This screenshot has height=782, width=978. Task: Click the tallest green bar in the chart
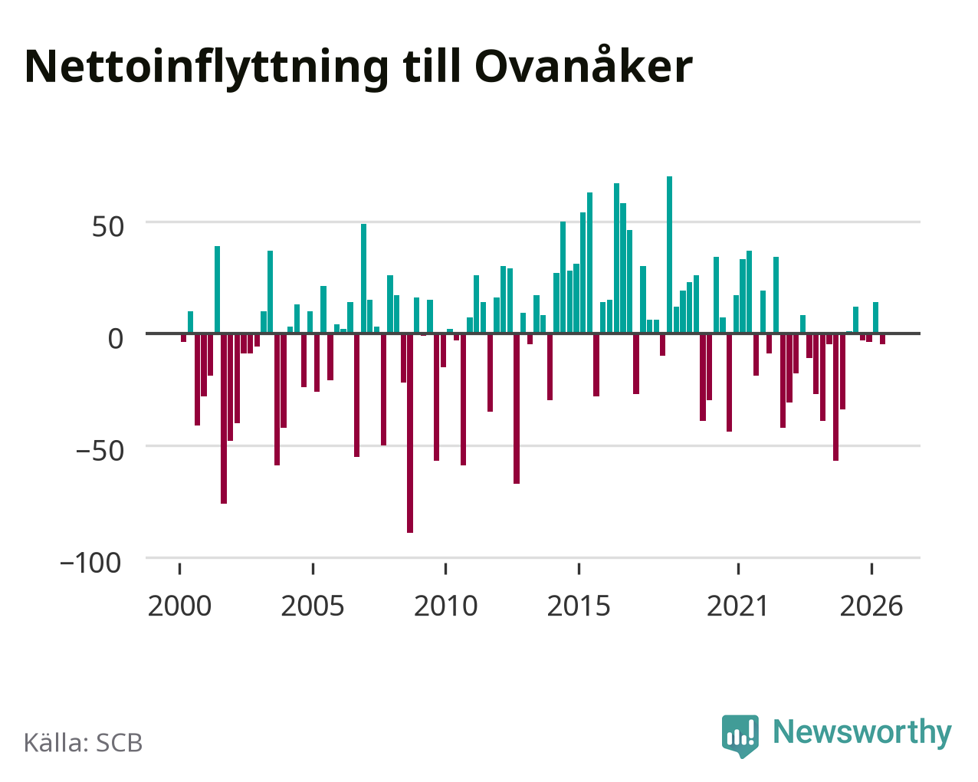(669, 255)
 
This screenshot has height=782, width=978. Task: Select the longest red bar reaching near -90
(410, 433)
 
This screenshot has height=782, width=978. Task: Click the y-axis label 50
(108, 226)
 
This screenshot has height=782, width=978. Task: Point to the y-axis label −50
(100, 451)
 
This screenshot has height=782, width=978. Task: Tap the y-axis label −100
(91, 563)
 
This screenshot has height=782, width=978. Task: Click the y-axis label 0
(116, 339)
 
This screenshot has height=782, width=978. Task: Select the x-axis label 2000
(179, 606)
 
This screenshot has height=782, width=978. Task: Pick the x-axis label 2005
(313, 606)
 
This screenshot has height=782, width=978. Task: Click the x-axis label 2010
(445, 606)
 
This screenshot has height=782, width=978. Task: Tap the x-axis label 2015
(579, 606)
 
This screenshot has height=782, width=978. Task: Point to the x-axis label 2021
(737, 606)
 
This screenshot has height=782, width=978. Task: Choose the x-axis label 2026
(871, 606)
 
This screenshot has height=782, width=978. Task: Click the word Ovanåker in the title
(583, 66)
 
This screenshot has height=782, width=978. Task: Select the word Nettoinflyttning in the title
(206, 68)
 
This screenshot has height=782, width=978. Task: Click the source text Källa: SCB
(84, 743)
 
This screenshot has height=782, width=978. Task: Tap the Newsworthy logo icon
(740, 735)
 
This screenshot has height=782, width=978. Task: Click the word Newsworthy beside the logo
(862, 733)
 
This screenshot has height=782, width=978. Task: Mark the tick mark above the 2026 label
(871, 569)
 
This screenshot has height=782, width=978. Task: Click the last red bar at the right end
(882, 339)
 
